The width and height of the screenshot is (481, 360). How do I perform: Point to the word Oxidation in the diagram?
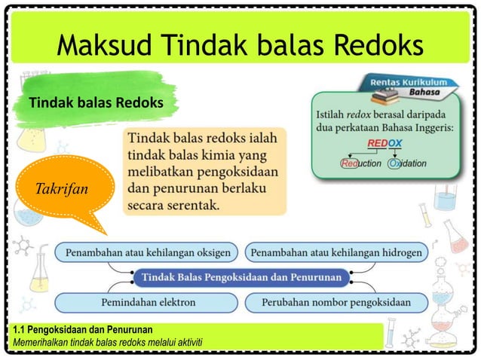[408, 163]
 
